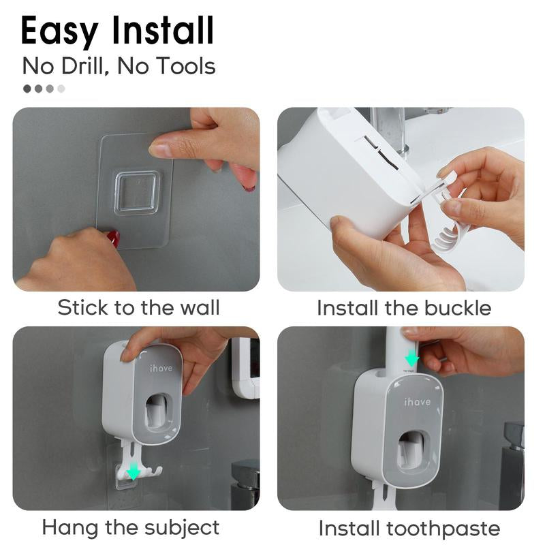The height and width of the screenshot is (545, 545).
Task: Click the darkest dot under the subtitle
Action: click(x=27, y=89)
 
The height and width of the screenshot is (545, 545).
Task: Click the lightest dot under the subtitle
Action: click(x=61, y=89)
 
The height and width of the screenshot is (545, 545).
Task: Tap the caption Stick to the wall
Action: click(x=138, y=307)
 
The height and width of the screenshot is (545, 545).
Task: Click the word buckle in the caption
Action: click(x=457, y=308)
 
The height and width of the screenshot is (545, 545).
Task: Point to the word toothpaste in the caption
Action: click(x=443, y=528)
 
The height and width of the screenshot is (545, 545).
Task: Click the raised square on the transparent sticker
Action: click(x=137, y=193)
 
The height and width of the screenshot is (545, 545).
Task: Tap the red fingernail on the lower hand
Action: click(x=112, y=238)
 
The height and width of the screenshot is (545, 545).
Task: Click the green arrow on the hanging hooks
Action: click(x=134, y=471)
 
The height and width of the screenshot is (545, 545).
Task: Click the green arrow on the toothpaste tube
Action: click(x=411, y=358)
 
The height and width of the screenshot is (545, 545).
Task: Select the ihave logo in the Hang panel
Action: click(x=161, y=368)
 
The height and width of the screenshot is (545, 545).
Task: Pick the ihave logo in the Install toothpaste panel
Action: click(x=417, y=402)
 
